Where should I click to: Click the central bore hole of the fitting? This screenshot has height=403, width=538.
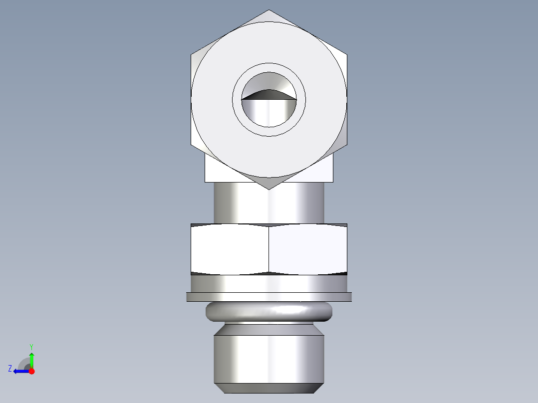click(x=269, y=107)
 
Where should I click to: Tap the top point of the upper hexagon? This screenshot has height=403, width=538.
click(x=269, y=10)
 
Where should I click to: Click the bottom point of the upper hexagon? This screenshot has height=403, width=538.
click(x=269, y=189)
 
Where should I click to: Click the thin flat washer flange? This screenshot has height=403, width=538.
click(x=269, y=297)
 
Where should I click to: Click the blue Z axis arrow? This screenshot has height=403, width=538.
click(x=20, y=371)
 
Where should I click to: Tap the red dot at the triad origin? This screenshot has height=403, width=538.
click(x=31, y=371)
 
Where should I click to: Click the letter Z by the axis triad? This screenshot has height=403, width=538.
click(x=10, y=369)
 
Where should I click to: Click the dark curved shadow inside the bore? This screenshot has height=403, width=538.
click(x=269, y=94)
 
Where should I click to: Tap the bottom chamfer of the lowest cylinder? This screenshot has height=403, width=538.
click(x=269, y=388)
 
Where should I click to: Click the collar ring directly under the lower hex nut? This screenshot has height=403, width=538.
click(x=269, y=284)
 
